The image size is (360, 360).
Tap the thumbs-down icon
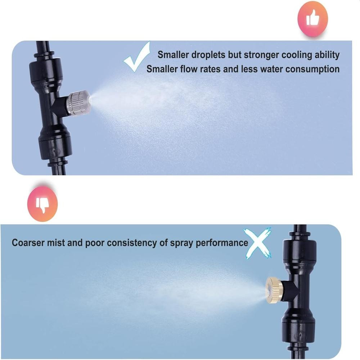tap(42, 204)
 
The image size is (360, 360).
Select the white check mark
tap(137, 57)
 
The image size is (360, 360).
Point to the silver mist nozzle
tap(78, 103)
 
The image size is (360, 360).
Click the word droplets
tap(208, 55)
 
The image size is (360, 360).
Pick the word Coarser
tap(28, 243)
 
